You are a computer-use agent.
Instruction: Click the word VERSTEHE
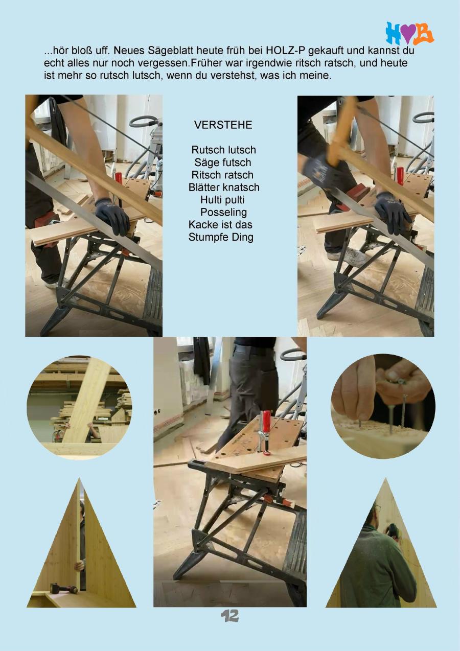[x=223, y=125]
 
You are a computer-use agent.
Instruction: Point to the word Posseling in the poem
[x=223, y=212]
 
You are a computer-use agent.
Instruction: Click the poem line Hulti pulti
[x=222, y=200]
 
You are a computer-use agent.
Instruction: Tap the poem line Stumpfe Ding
[x=221, y=237]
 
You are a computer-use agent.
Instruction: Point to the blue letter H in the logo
[x=393, y=33]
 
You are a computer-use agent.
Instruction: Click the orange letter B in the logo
[x=423, y=33]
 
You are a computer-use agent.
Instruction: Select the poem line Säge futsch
[x=223, y=162]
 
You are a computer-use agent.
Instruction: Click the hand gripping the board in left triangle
[x=79, y=565]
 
